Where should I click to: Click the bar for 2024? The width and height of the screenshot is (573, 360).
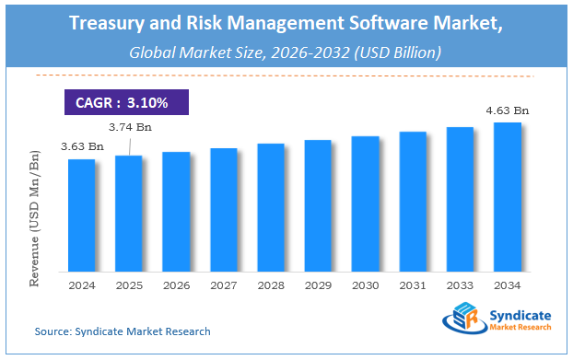(81, 215)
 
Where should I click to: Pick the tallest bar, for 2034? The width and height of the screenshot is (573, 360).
(507, 197)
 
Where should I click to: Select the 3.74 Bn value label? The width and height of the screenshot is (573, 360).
(129, 126)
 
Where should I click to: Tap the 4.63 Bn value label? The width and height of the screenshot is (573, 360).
(507, 110)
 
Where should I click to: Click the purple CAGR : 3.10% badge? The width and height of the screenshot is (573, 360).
(126, 99)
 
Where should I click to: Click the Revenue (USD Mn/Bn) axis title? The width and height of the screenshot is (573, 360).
(34, 213)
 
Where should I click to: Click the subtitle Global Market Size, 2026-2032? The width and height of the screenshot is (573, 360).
(286, 52)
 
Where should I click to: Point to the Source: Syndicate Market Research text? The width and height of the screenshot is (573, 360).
(123, 331)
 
